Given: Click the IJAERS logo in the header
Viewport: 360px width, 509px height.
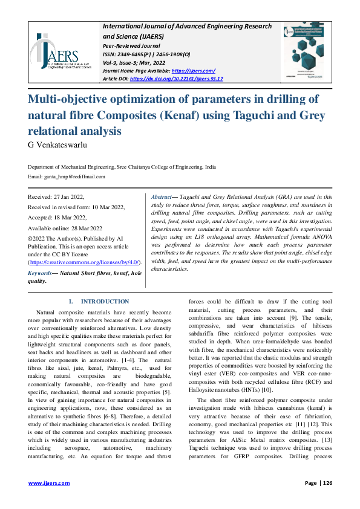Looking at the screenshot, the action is [x=57, y=51].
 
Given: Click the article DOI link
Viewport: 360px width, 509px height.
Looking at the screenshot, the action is [x=176, y=79].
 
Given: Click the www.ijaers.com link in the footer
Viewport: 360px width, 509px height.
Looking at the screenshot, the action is [x=49, y=483].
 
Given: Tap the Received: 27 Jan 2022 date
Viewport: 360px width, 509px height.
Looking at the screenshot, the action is [x=56, y=197].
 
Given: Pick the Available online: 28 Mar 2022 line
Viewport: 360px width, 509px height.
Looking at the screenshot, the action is [x=65, y=228].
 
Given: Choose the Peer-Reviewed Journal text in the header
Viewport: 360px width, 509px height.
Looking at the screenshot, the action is [x=131, y=45].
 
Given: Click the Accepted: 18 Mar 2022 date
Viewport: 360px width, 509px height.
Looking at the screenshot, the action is [x=57, y=218].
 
